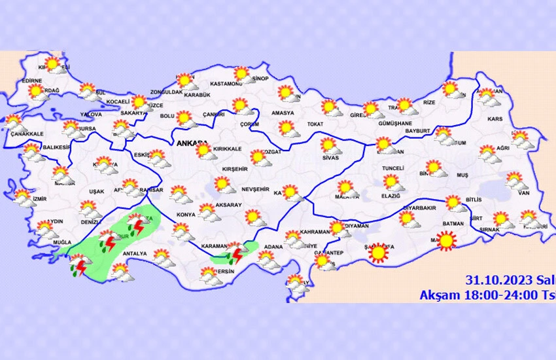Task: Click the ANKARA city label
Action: pyautogui.click(x=190, y=142)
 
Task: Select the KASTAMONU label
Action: pyautogui.click(x=226, y=84)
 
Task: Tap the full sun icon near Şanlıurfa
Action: pyautogui.click(x=377, y=252)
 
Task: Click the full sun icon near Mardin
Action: pyautogui.click(x=446, y=242)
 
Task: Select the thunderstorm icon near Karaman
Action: pyautogui.click(x=236, y=251)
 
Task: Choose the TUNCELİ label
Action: pyautogui.click(x=393, y=168)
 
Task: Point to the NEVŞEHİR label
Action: pyautogui.click(x=255, y=189)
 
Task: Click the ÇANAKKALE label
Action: pyautogui.click(x=27, y=134)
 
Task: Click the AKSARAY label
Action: pyautogui.click(x=228, y=205)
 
